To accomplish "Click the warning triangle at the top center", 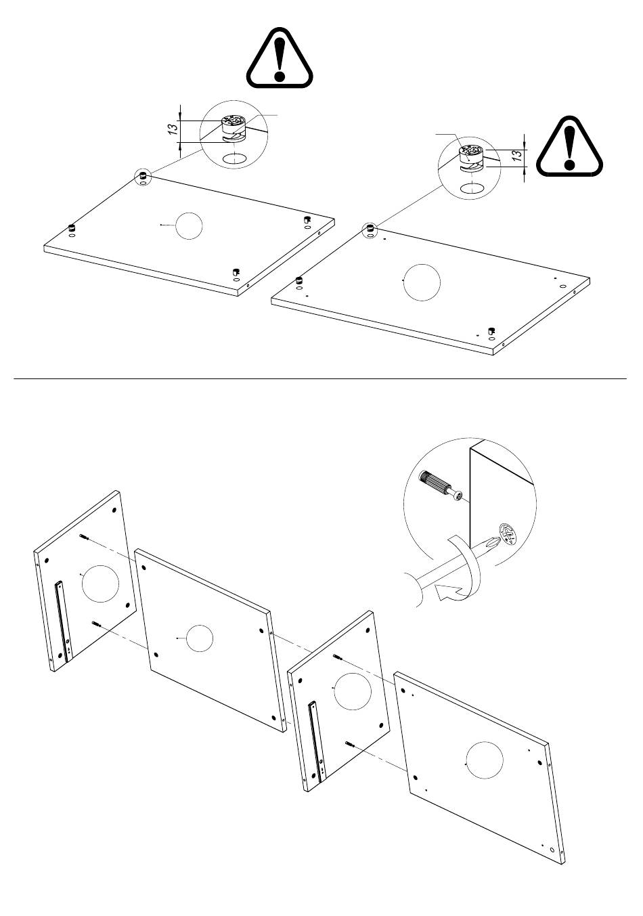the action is (279, 58).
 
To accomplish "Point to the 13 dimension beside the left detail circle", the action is (173, 127).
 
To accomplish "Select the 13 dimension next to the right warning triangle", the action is (518, 155).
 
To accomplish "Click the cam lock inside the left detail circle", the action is (233, 129).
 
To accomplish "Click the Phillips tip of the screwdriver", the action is (493, 543).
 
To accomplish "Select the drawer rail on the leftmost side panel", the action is (64, 621).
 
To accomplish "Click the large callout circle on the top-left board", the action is (189, 225).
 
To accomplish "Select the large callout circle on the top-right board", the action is (422, 282).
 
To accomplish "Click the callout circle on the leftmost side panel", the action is (100, 584).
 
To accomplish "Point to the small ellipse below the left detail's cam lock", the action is (235, 158).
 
